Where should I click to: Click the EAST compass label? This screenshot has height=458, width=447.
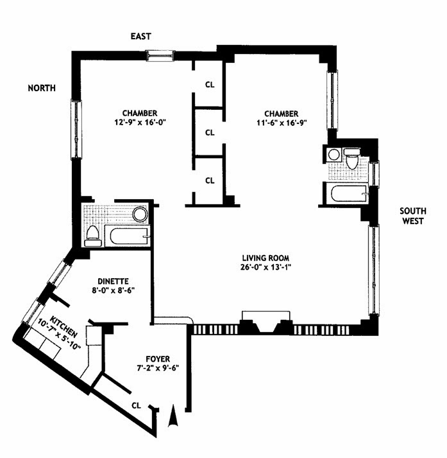[x=141, y=36]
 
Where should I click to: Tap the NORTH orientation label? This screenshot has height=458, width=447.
[x=42, y=88]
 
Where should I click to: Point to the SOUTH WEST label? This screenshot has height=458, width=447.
[x=412, y=216]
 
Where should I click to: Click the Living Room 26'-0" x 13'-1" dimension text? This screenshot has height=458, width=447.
[x=266, y=267]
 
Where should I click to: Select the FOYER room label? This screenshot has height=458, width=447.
[x=158, y=359]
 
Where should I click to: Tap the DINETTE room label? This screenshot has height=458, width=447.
[x=113, y=281]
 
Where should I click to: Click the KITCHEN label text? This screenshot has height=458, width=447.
[x=64, y=326]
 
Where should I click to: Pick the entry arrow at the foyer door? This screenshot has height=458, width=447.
[x=173, y=416]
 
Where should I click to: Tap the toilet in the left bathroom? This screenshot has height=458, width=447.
[x=92, y=236]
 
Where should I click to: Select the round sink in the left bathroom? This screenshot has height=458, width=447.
[x=140, y=215]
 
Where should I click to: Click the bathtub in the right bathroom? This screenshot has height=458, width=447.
[x=349, y=193]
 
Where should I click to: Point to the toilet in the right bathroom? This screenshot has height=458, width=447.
[x=352, y=159]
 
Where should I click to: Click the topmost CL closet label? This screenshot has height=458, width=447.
[x=210, y=85]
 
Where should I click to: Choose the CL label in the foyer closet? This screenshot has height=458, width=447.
[x=136, y=405]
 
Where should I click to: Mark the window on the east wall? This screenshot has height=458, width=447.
[x=160, y=56]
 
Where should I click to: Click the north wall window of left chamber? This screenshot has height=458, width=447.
[x=76, y=129]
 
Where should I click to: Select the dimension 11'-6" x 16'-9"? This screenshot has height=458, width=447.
[x=282, y=123]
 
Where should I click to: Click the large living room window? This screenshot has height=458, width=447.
[x=374, y=269]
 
